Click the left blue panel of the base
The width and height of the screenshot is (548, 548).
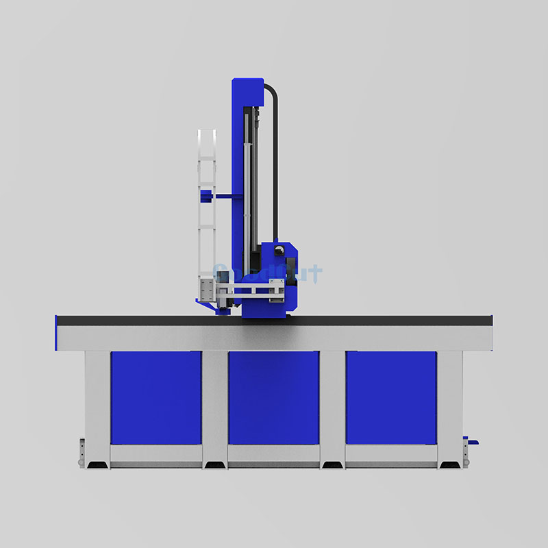156,397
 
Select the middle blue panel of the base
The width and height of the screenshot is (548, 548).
273,397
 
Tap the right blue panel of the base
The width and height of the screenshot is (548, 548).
391,397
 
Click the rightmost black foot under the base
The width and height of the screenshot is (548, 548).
450,465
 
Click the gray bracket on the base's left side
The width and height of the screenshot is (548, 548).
82,452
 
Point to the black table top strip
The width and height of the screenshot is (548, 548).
274,320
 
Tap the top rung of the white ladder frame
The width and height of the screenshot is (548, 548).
207,130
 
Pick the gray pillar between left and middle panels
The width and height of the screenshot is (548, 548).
214,404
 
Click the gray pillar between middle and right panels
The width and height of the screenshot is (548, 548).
332,404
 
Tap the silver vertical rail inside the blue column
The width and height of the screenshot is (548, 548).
249,185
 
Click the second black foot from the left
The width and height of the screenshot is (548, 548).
214,465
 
